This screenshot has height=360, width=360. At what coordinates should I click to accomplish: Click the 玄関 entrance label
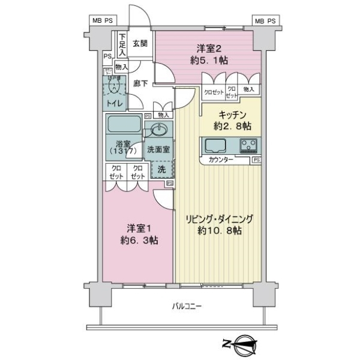140,43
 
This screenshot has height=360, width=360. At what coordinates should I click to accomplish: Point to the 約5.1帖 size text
209,60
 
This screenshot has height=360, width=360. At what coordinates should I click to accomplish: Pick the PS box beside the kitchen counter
256,160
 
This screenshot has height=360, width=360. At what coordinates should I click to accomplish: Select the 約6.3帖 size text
138,241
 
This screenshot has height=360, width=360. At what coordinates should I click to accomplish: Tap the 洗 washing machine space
161,170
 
